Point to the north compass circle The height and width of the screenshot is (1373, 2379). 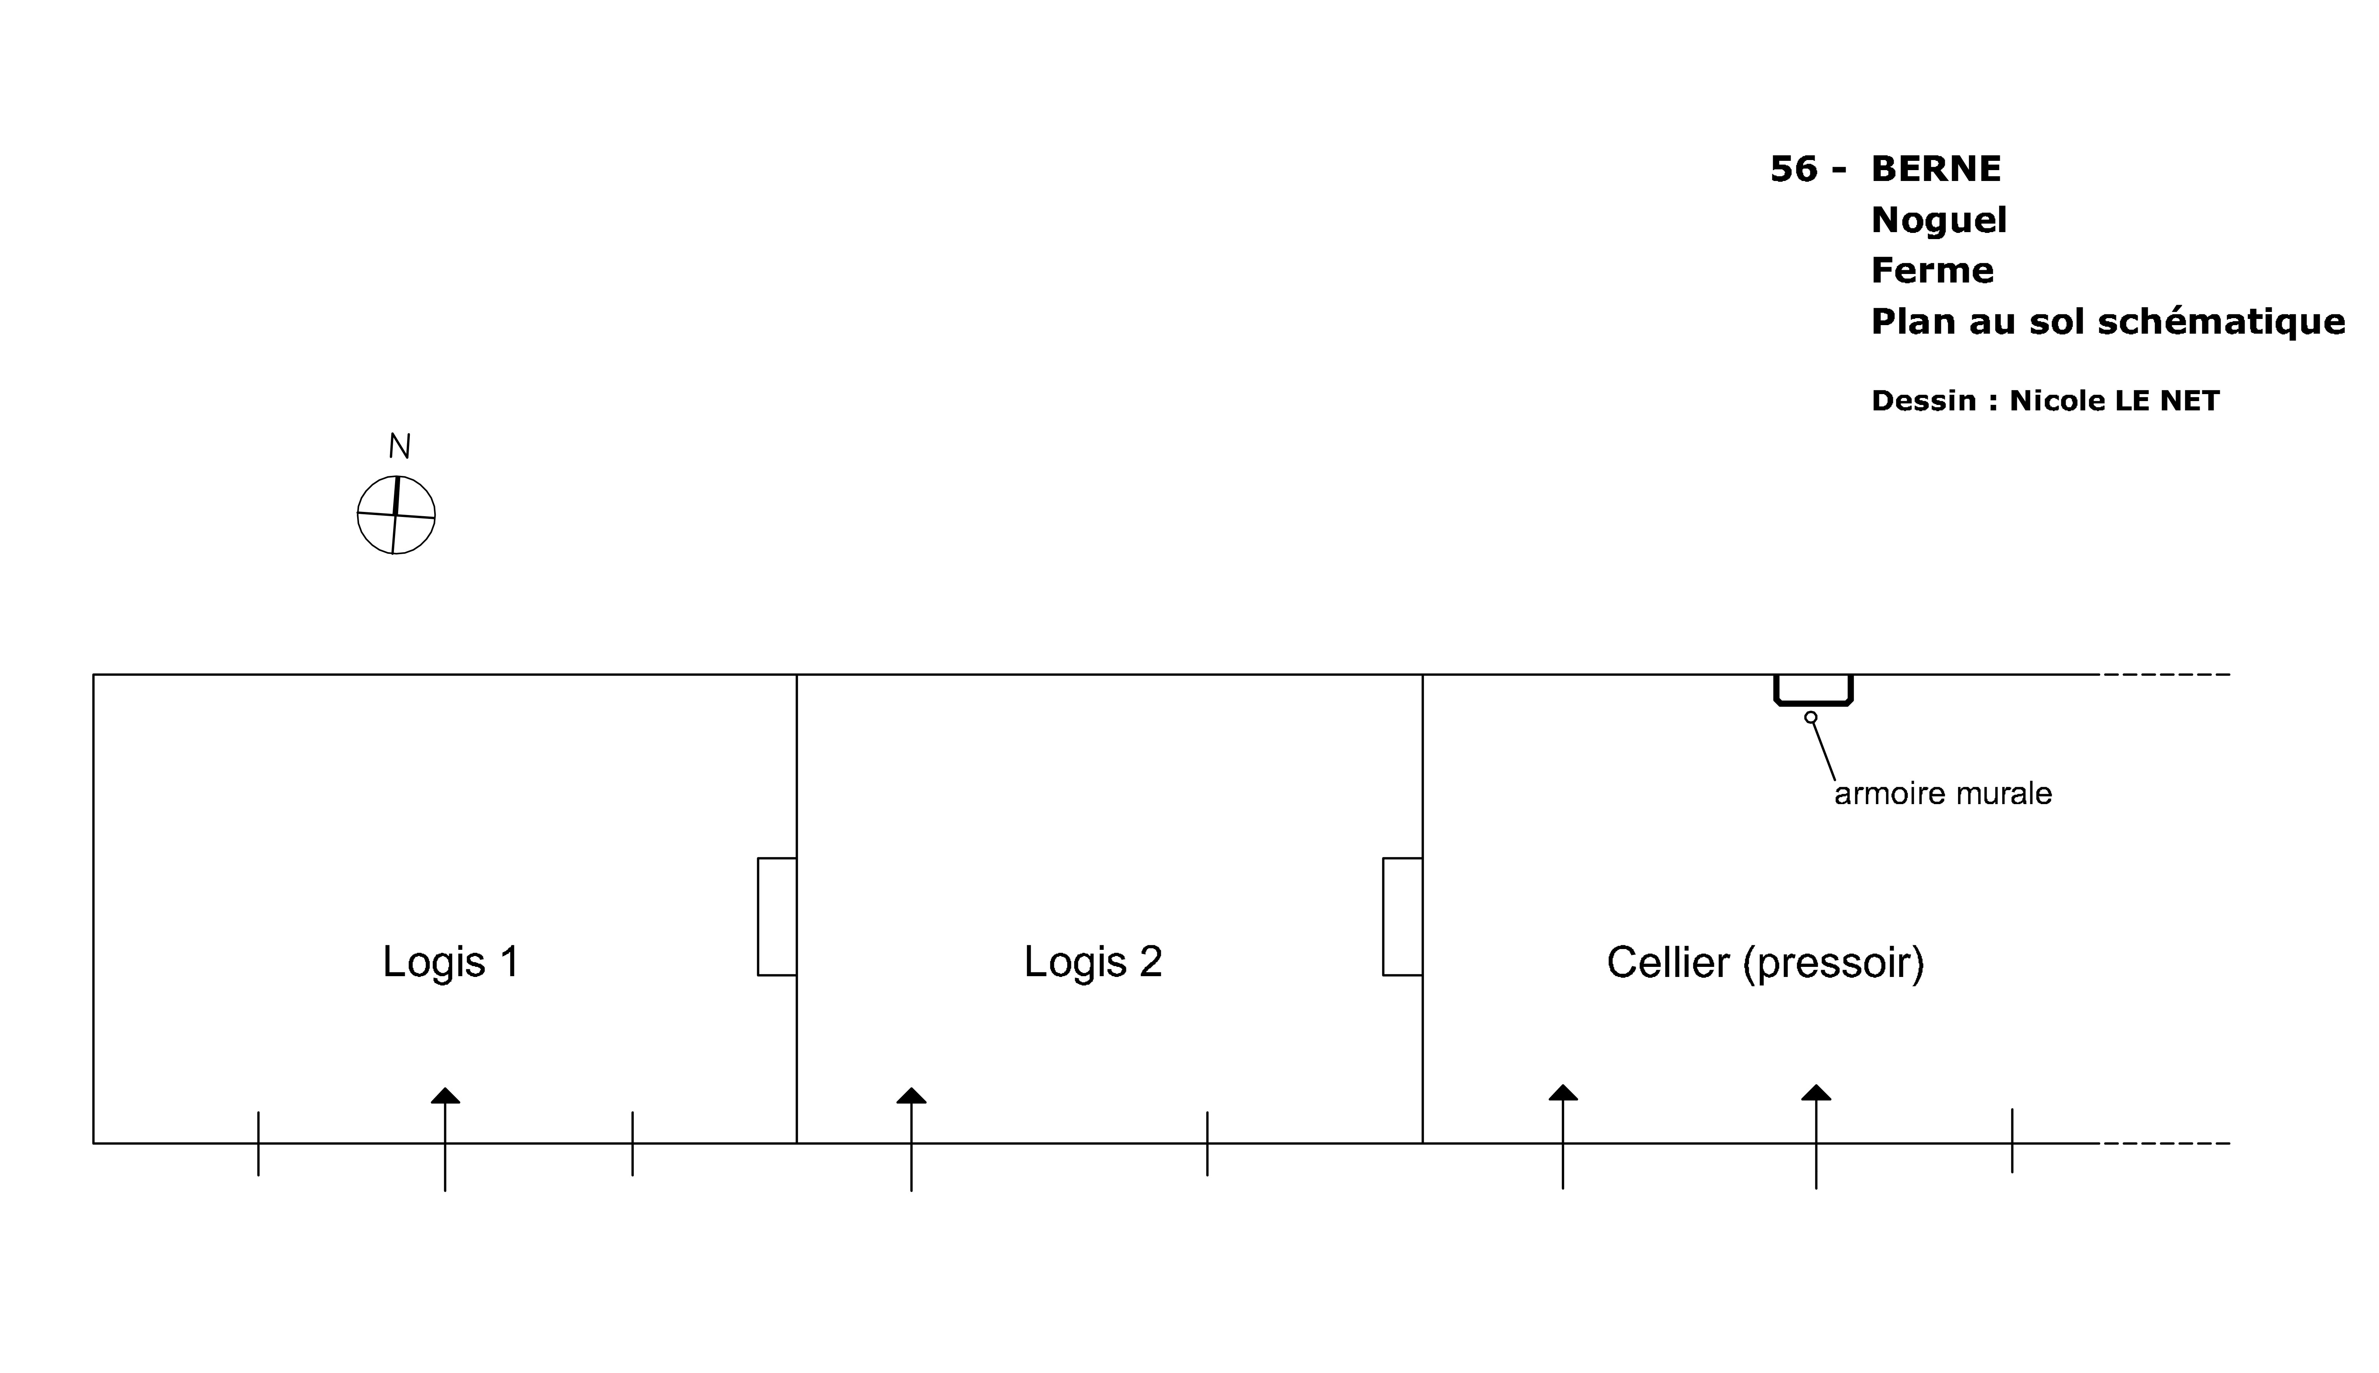click(396, 515)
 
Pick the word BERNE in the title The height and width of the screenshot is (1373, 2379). click(1935, 169)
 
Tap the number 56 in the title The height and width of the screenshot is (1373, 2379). click(1793, 169)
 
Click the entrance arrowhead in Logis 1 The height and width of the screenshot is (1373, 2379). click(445, 1096)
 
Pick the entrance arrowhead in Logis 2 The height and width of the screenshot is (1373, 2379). click(911, 1096)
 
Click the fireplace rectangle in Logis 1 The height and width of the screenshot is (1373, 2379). click(777, 916)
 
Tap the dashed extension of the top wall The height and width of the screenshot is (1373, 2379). click(2166, 674)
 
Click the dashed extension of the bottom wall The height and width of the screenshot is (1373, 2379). click(2166, 1143)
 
